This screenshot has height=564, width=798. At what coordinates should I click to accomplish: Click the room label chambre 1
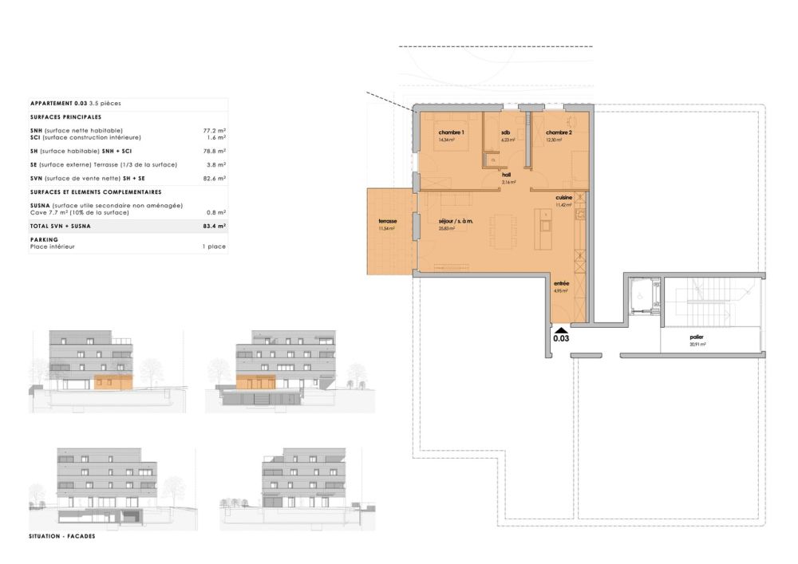click(x=451, y=132)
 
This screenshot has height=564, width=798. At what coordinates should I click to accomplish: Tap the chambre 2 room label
click(x=559, y=132)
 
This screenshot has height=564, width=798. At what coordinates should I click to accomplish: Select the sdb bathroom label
click(x=505, y=132)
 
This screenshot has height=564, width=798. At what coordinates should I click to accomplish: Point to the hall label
click(x=506, y=177)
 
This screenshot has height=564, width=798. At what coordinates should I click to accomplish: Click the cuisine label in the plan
click(x=565, y=198)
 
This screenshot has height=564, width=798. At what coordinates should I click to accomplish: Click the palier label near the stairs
click(x=697, y=337)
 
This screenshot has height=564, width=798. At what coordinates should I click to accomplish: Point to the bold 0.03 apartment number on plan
click(x=562, y=337)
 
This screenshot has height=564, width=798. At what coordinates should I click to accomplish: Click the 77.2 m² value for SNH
click(x=215, y=129)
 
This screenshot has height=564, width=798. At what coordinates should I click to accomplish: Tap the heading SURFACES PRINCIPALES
click(x=66, y=116)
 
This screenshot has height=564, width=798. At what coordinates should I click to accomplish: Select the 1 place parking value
click(x=214, y=247)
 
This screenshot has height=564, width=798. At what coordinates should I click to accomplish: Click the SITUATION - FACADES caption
click(x=61, y=536)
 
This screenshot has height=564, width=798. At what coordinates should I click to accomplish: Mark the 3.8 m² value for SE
click(x=215, y=164)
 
